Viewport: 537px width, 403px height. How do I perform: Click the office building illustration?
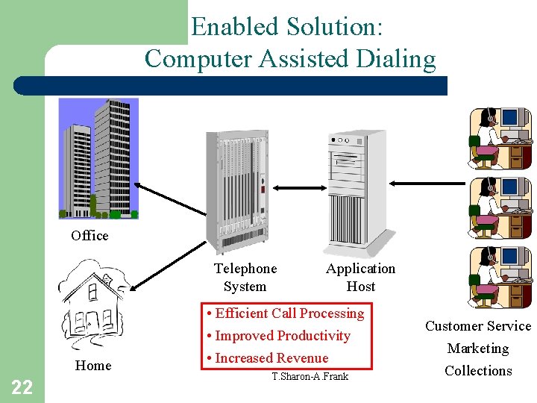point(98,158)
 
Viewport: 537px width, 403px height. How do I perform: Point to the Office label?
point(89,236)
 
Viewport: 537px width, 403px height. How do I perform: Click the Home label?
point(93,366)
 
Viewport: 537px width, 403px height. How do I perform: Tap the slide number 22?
point(22,387)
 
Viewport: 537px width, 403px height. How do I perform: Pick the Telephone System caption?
point(245,278)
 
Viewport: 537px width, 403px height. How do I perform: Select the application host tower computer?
point(357,193)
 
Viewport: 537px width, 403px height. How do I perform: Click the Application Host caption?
point(360,278)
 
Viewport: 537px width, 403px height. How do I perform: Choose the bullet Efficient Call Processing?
point(286,313)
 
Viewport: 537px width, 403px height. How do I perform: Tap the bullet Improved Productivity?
point(279,336)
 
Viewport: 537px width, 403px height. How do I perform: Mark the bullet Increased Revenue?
point(268,358)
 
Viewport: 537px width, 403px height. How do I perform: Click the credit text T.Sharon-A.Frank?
point(310,377)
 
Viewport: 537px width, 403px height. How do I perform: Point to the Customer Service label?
point(478,326)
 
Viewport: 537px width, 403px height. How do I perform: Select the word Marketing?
point(478,349)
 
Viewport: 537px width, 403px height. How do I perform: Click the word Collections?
point(478,371)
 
